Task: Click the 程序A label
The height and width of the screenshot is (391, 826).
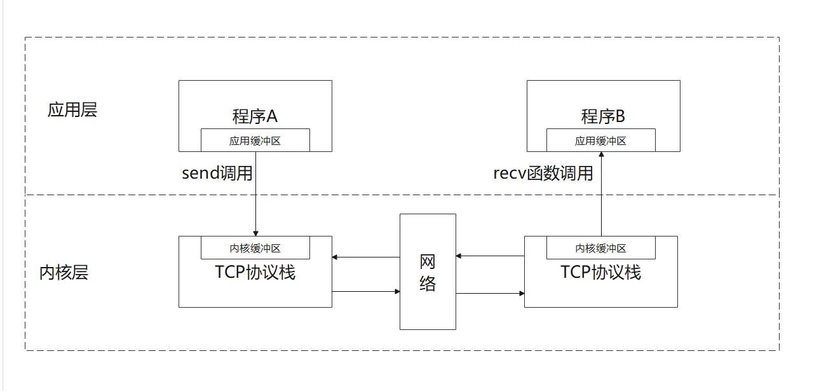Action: pos(255,116)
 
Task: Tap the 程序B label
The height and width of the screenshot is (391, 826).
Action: pos(603,116)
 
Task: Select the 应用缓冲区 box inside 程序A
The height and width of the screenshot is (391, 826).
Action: pos(255,140)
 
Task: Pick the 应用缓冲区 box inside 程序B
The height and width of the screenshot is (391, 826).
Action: pos(600,140)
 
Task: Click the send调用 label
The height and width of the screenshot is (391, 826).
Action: pos(217,173)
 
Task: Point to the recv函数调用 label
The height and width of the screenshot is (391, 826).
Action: pos(543,173)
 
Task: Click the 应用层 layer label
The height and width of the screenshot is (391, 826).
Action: pos(72,110)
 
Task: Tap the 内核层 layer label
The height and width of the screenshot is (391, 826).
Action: pos(64,273)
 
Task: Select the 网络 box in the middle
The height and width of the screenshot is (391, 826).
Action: pos(428,271)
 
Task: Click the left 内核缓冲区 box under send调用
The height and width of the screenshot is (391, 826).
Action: pos(255,247)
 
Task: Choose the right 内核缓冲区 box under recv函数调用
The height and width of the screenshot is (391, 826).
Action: pos(600,247)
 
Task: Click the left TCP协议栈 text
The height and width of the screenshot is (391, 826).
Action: pos(255,272)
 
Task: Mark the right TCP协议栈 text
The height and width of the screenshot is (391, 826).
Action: pos(600,272)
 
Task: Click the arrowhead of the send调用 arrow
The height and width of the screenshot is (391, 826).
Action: pos(255,234)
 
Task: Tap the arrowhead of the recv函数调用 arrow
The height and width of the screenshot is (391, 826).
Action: pos(602,154)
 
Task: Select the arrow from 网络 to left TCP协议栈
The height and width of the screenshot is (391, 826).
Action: pos(366,257)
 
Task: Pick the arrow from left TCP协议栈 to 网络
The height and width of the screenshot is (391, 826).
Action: pos(366,291)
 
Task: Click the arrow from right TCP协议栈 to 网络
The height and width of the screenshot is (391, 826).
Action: pos(490,256)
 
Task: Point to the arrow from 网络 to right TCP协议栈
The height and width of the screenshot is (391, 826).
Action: pos(490,293)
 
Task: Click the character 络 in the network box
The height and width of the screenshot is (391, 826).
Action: pos(428,284)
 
